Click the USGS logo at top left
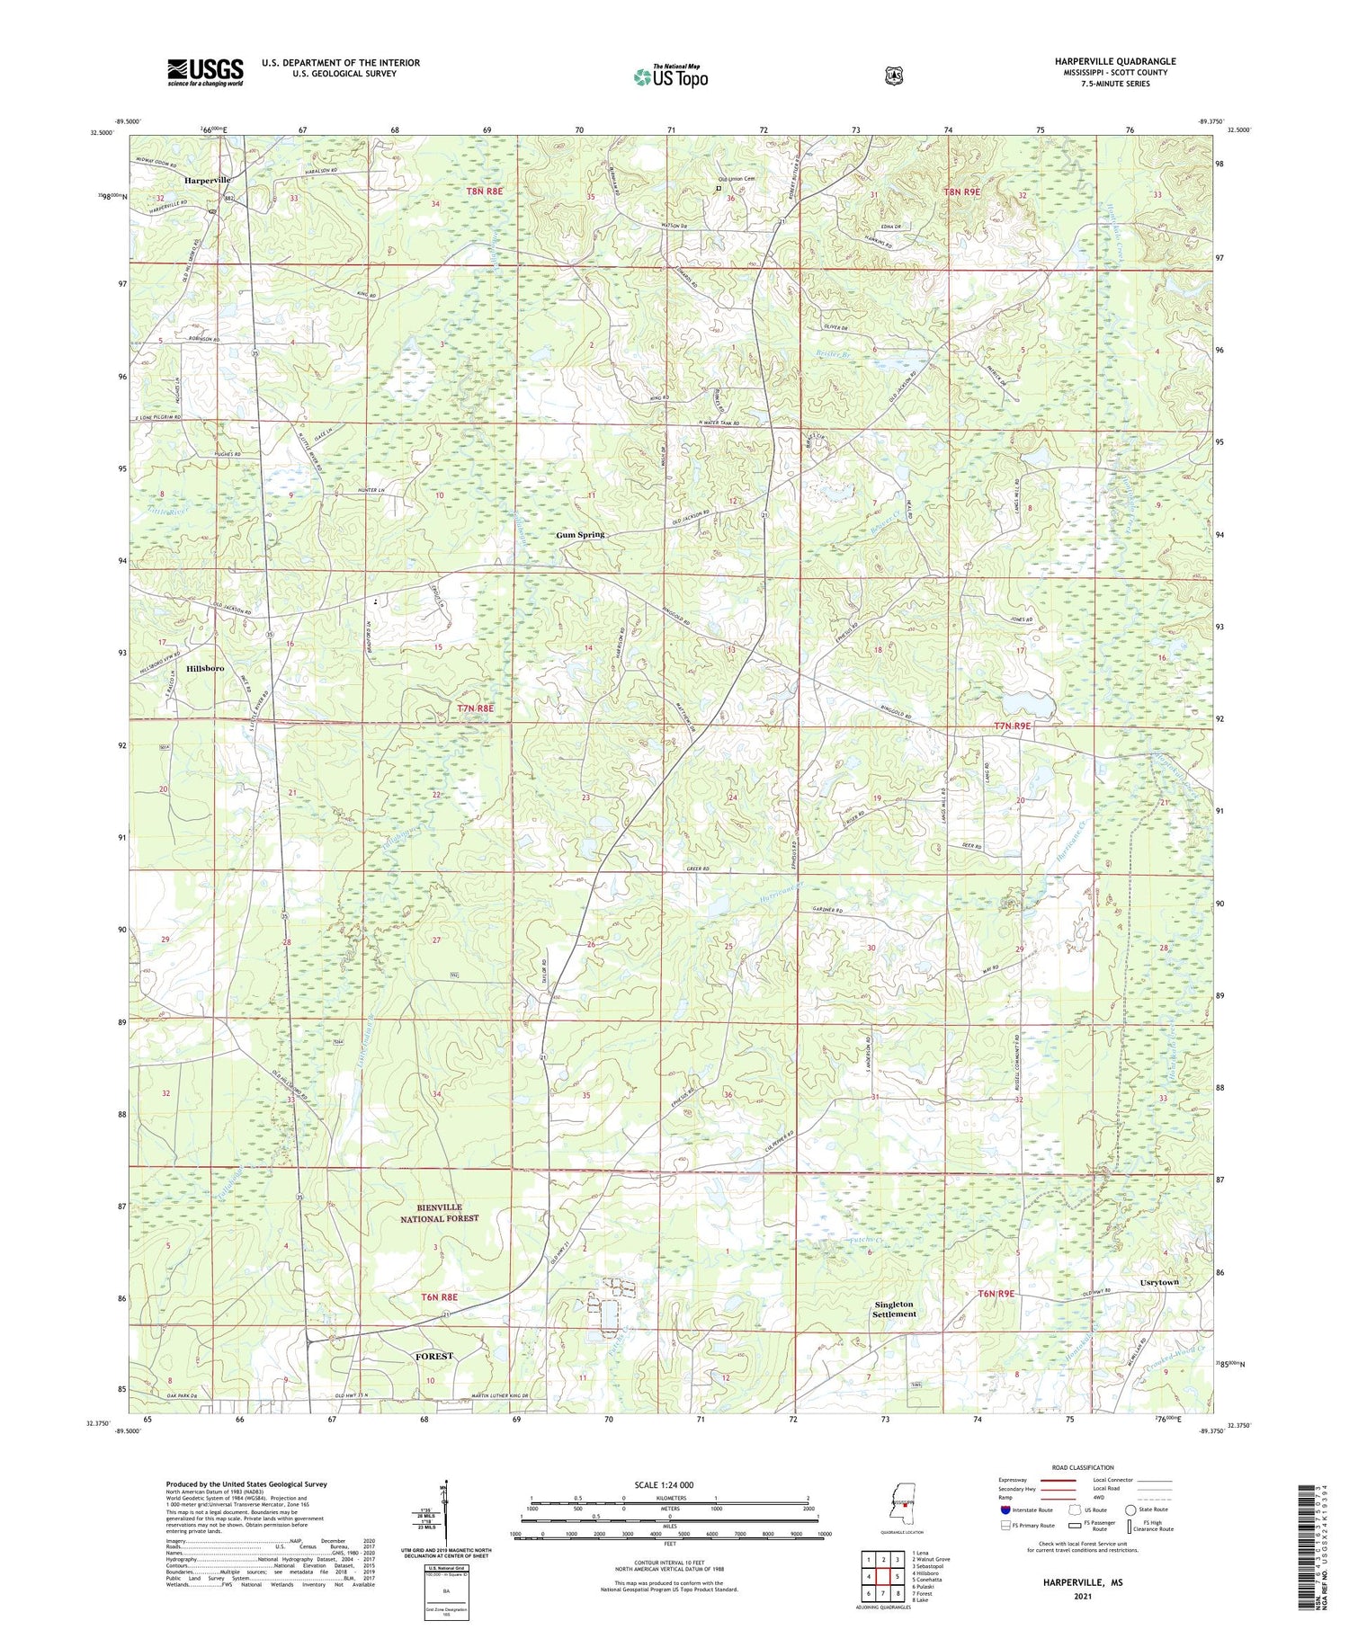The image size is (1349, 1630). [x=205, y=72]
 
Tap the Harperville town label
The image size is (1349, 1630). [x=208, y=180]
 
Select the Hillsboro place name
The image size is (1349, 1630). [x=205, y=669]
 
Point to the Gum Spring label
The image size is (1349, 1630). [x=580, y=535]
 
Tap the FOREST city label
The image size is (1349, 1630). [x=433, y=1356]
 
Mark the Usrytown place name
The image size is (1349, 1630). [x=1158, y=1282]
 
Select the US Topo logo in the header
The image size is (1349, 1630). [x=670, y=77]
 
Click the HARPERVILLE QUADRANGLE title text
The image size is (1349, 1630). [x=1115, y=61]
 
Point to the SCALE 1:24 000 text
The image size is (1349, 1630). [x=669, y=1484]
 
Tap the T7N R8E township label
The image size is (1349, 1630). [x=476, y=708]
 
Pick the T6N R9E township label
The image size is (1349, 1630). [x=996, y=1294]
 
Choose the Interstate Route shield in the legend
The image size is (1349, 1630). [x=1005, y=1510]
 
